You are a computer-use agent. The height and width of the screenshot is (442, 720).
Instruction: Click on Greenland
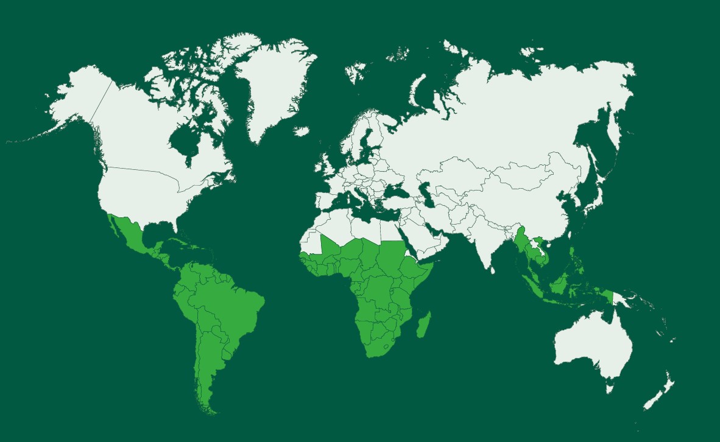pyautogui.click(x=274, y=85)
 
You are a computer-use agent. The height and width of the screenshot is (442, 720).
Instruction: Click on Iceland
pyautogui.click(x=302, y=131)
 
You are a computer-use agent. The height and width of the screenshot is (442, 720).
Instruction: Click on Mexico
pyautogui.click(x=131, y=234)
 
